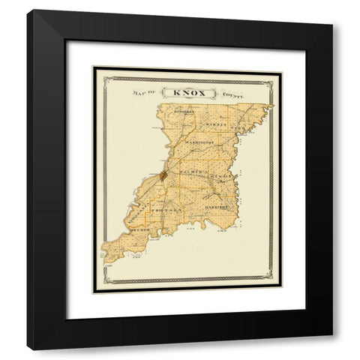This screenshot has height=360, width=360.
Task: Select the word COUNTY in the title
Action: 235,95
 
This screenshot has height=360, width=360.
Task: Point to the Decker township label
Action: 141,223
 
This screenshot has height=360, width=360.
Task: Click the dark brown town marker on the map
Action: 163,178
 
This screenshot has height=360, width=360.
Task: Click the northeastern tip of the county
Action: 271,106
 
